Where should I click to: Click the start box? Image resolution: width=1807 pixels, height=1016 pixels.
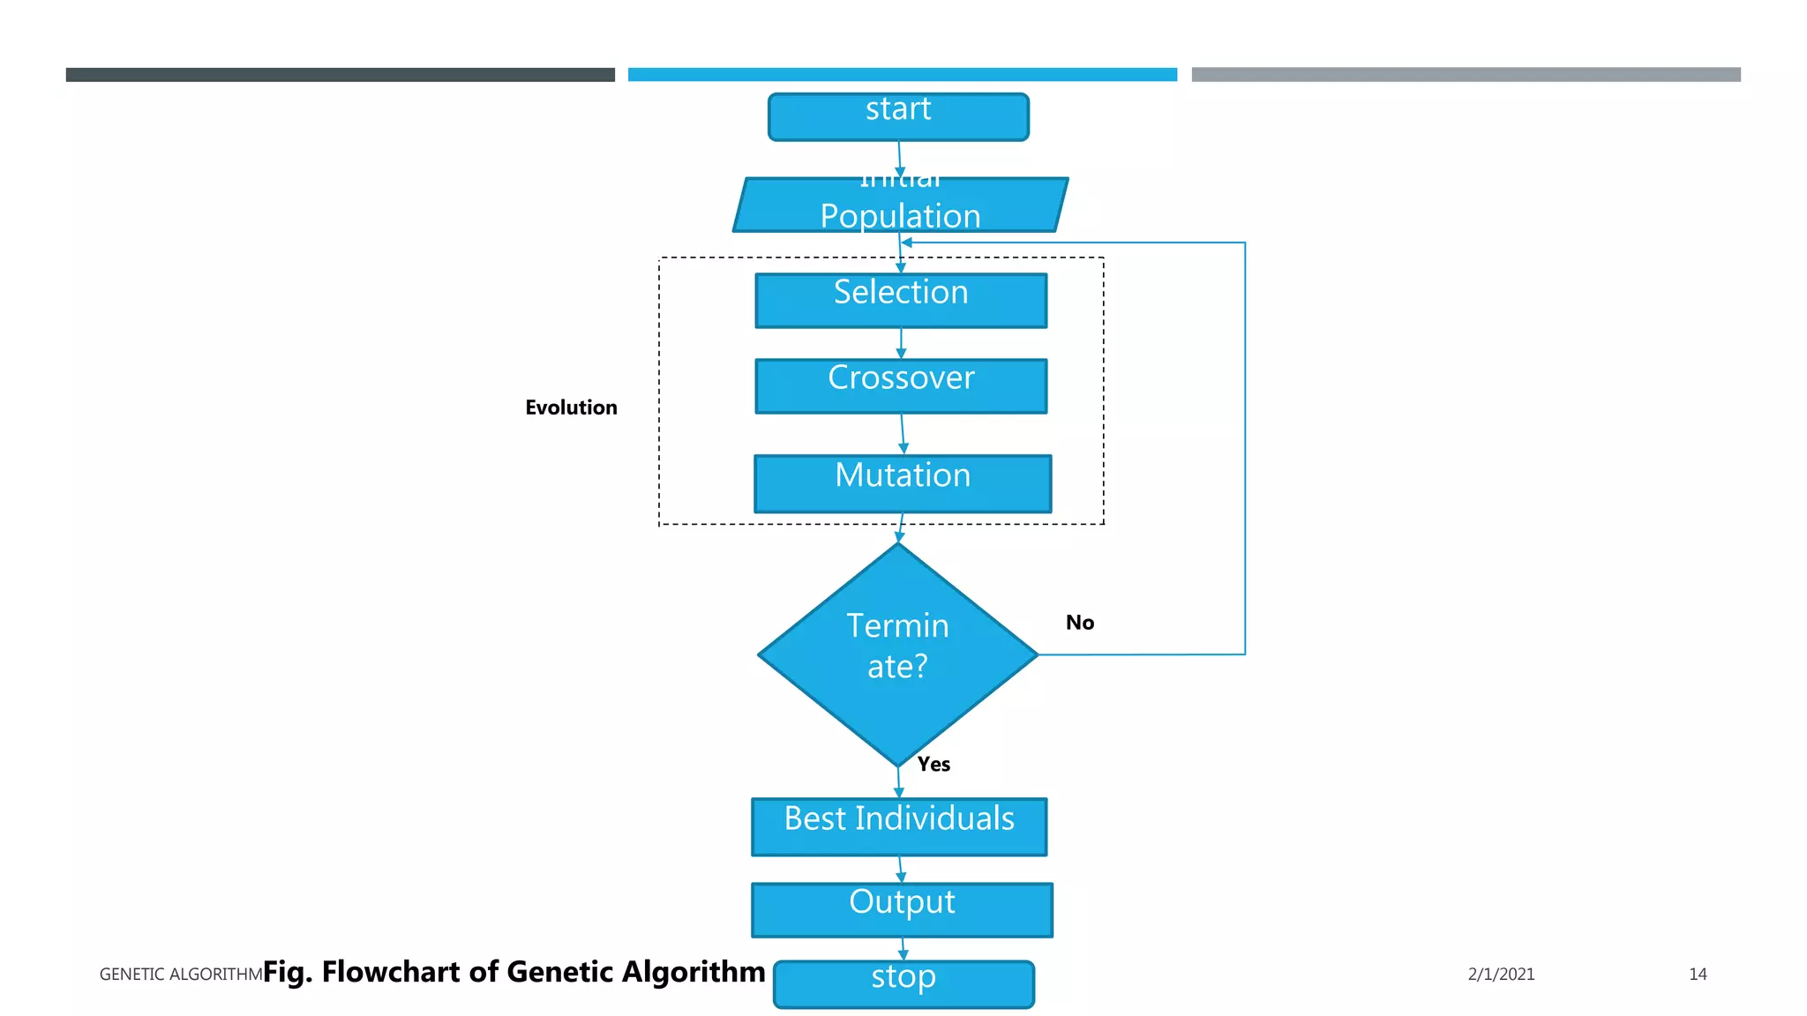[x=898, y=116]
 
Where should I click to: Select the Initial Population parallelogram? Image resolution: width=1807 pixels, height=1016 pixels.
[x=900, y=206]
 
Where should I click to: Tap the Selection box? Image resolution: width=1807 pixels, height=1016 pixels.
[x=901, y=300]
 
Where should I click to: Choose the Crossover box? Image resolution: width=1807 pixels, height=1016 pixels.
[x=901, y=385]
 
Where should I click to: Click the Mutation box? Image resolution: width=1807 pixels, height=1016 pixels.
[x=903, y=483]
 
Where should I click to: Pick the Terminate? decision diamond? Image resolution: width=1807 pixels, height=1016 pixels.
[x=897, y=654]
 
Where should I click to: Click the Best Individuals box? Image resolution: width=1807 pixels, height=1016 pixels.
[x=899, y=826]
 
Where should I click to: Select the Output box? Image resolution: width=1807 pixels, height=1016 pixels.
[x=902, y=909]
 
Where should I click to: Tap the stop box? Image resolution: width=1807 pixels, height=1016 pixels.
[x=903, y=983]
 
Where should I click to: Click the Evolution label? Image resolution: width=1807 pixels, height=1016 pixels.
[x=571, y=407]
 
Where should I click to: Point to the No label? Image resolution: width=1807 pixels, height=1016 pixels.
[x=1079, y=623]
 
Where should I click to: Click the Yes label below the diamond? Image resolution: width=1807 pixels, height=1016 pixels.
[x=933, y=764]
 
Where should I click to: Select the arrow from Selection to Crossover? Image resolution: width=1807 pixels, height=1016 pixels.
[x=901, y=342]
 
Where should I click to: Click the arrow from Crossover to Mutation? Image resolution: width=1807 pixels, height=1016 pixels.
[x=903, y=433]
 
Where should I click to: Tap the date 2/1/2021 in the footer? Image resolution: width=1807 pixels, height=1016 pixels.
[x=1501, y=974]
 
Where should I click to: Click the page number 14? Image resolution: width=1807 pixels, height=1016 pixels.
[x=1698, y=974]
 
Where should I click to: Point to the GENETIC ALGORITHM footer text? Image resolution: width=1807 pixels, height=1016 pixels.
[x=181, y=974]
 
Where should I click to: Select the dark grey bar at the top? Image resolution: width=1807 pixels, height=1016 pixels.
[x=340, y=75]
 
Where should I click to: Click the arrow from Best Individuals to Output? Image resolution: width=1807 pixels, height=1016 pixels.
[x=900, y=869]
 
